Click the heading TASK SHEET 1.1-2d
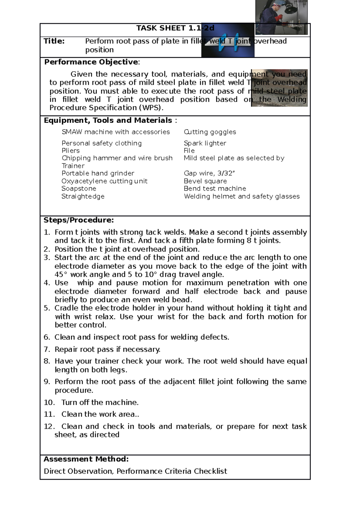coord(175,28)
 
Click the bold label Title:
coord(54,41)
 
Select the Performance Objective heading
coord(92,62)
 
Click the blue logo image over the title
coord(228,40)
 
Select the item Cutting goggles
coord(210,132)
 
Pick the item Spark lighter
coord(205,143)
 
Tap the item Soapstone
coord(79,189)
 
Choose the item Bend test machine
coord(215,189)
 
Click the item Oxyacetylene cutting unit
coord(104,181)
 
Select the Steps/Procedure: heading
coord(79,220)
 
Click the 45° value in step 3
coord(59,275)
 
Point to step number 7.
coord(47,350)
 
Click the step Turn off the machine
coord(100,403)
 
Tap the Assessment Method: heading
coord(86,459)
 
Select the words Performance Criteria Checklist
coord(172,471)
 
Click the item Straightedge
coord(83,196)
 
